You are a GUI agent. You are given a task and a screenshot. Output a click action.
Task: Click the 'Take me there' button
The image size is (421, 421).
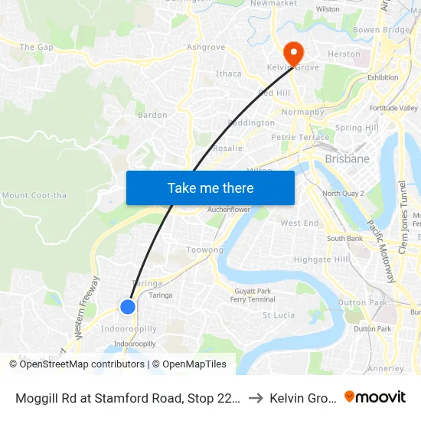[210, 188]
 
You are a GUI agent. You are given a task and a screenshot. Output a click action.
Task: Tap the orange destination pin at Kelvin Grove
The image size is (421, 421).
[292, 53]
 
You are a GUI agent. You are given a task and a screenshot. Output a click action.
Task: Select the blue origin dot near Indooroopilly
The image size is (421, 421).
[128, 307]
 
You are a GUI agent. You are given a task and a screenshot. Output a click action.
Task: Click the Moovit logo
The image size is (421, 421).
[375, 397]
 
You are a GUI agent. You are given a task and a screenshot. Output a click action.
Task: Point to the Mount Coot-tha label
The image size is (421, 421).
[34, 195]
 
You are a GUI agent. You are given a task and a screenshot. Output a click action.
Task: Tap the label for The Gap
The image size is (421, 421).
[36, 47]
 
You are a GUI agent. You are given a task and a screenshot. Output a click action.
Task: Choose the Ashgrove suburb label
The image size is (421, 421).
[206, 47]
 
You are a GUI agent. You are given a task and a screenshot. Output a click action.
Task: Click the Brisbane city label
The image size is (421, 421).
[347, 159]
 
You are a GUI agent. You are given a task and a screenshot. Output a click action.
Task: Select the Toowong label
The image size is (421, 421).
[204, 250]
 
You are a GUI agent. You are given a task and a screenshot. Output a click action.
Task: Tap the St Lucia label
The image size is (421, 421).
[279, 315]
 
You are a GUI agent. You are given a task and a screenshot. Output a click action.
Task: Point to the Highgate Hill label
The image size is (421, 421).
[321, 259]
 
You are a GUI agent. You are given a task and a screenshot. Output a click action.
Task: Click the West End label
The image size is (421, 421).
[299, 224]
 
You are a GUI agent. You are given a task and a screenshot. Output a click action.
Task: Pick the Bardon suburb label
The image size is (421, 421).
[152, 116]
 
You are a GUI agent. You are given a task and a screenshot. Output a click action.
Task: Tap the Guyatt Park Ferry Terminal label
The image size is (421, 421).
[253, 295]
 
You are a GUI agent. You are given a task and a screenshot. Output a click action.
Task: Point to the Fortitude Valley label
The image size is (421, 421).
[393, 108]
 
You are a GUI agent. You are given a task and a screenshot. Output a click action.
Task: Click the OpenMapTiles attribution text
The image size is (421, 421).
[189, 364]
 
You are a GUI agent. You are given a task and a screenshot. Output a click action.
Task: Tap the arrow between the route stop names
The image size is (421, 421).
[256, 397]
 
